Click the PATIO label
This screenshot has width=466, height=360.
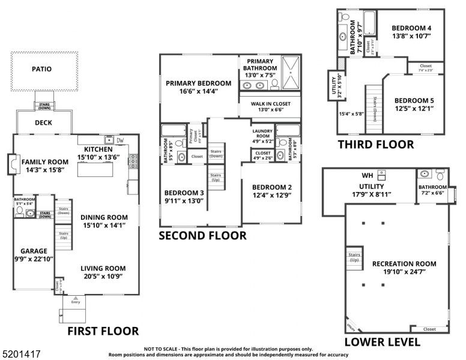point(41,69)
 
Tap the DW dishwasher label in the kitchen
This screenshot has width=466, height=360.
point(120,140)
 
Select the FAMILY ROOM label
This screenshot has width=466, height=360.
point(45,162)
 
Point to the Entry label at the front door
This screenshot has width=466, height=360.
point(75,302)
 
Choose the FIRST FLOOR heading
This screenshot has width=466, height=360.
point(103,331)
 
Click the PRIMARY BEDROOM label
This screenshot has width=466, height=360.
point(198,83)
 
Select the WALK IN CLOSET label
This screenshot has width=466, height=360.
point(270,104)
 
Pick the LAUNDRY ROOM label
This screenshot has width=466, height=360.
point(262,133)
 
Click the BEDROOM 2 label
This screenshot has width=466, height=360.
point(272,187)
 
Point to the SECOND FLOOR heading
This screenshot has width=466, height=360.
point(202,236)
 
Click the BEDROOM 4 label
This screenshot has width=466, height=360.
point(412,28)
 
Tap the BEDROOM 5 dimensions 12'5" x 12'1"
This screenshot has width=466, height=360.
point(414,109)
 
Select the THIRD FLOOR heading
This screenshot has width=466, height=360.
point(375,144)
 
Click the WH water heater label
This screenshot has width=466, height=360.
point(368,176)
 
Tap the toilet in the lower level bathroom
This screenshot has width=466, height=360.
point(440,176)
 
